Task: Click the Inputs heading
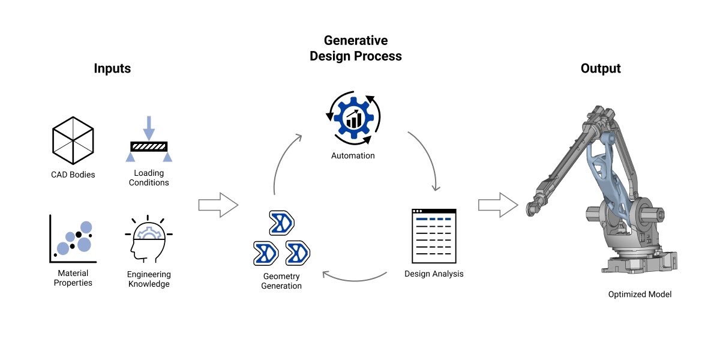point(112,68)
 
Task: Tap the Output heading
point(601,68)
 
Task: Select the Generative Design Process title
point(355,48)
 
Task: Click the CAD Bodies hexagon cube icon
point(73,139)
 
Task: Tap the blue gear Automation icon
point(353,117)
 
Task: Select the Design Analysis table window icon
point(434,236)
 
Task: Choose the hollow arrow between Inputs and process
point(218,205)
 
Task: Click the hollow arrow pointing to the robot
point(497,205)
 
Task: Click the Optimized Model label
point(640,295)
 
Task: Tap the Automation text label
point(353,156)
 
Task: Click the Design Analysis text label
point(434,274)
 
